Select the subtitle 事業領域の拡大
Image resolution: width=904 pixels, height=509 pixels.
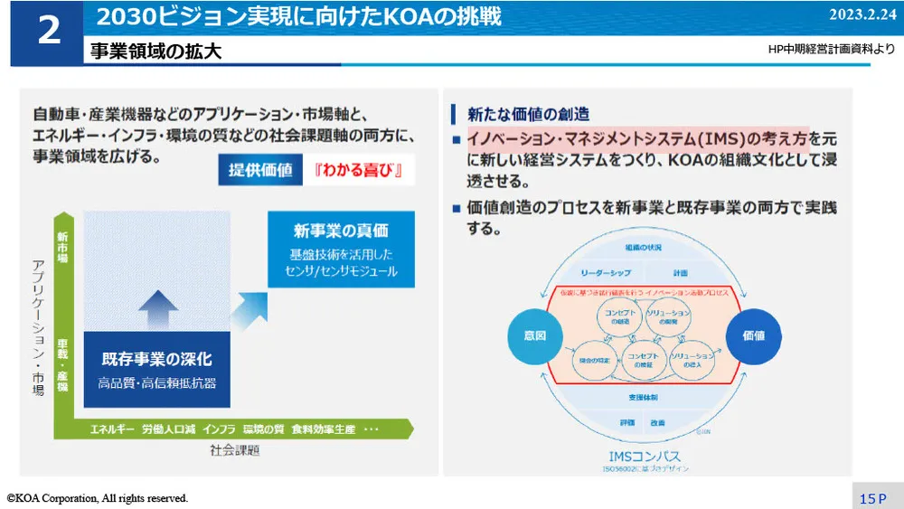point(155,52)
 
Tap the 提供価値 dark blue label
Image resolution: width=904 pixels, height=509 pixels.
point(260,170)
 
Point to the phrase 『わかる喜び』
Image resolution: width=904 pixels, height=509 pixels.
point(359,170)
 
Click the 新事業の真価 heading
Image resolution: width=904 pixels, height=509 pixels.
point(341,230)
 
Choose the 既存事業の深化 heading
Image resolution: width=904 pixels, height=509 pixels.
point(157,360)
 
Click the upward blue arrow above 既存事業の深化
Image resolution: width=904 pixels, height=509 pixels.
point(159,308)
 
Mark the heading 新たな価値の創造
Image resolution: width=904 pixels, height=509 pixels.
point(528,114)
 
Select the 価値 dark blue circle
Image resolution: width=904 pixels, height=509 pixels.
point(753,335)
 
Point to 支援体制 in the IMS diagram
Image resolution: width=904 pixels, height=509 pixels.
point(642,397)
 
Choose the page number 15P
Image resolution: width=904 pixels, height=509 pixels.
point(873,498)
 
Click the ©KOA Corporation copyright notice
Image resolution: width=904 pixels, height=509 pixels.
point(98,498)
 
